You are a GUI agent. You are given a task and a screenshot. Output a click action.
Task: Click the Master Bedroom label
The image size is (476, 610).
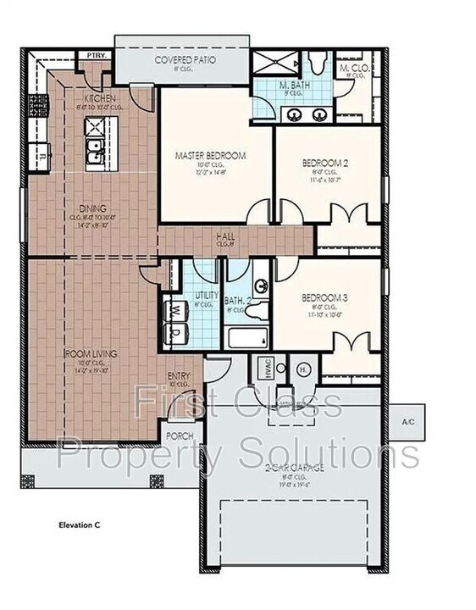click(x=210, y=156)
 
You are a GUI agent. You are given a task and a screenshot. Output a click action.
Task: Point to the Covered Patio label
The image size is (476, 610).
click(x=185, y=60)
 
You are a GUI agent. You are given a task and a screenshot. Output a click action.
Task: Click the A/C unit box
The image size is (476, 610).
click(x=407, y=421)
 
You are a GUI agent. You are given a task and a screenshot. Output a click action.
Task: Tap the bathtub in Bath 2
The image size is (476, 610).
click(x=247, y=339)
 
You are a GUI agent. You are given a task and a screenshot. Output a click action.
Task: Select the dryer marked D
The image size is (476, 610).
click(x=174, y=331)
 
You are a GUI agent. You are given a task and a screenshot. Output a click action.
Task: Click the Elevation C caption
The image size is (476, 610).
click(x=80, y=525)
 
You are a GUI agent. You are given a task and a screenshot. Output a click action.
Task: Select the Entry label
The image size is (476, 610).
click(x=179, y=376)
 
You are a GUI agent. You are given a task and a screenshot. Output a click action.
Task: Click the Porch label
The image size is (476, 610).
click(x=180, y=436)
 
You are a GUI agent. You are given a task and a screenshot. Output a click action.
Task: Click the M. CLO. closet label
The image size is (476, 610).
click(x=351, y=67)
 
